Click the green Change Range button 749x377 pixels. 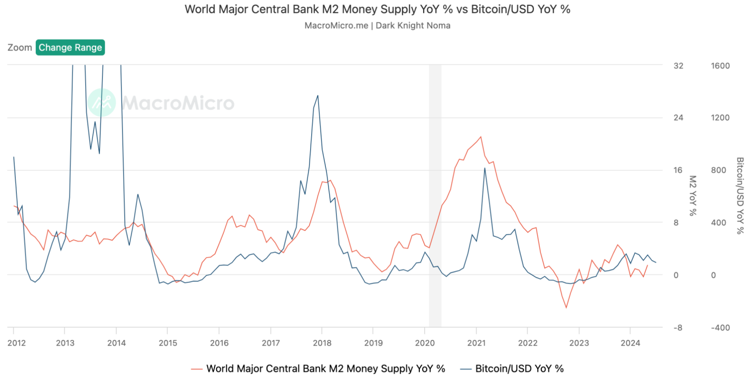tap(70, 47)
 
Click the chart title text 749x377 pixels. tap(377, 9)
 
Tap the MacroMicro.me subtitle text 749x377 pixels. tap(377, 25)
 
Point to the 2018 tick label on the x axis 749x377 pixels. tap(322, 343)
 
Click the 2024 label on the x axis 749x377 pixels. tap(630, 343)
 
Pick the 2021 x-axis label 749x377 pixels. tap(476, 343)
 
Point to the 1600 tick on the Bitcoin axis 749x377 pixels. tap(720, 66)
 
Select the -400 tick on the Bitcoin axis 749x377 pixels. tap(720, 328)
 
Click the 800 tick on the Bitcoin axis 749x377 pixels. tap(720, 171)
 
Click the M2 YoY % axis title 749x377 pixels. tap(693, 196)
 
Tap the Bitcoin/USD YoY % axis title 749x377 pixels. tap(740, 196)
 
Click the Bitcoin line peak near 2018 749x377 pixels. tap(318, 96)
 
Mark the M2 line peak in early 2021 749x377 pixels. tap(481, 136)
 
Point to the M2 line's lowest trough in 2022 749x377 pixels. tap(566, 308)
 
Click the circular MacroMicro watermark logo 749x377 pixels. tap(102, 103)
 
